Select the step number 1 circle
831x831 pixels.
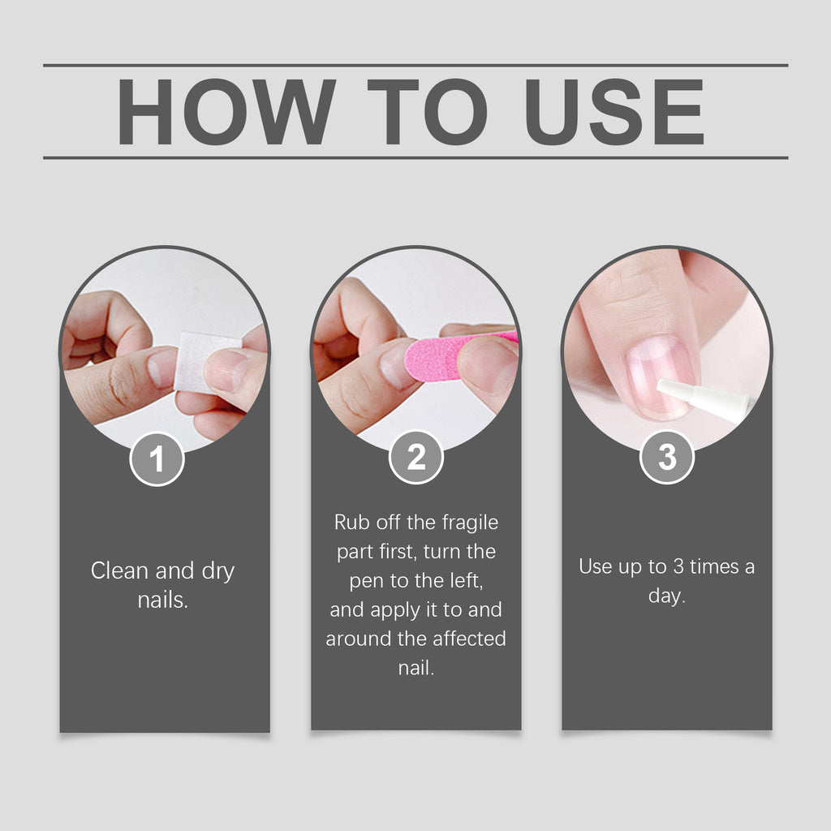tap(157, 459)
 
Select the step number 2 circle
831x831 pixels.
tap(416, 458)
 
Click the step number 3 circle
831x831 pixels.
tap(667, 458)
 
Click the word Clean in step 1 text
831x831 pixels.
tap(119, 571)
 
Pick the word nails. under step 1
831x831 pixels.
tap(163, 601)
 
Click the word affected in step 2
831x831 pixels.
tap(467, 639)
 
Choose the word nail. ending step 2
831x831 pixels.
tap(416, 668)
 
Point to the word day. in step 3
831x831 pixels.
tap(666, 596)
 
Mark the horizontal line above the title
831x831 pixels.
tap(415, 65)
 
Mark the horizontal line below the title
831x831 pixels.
tap(415, 157)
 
